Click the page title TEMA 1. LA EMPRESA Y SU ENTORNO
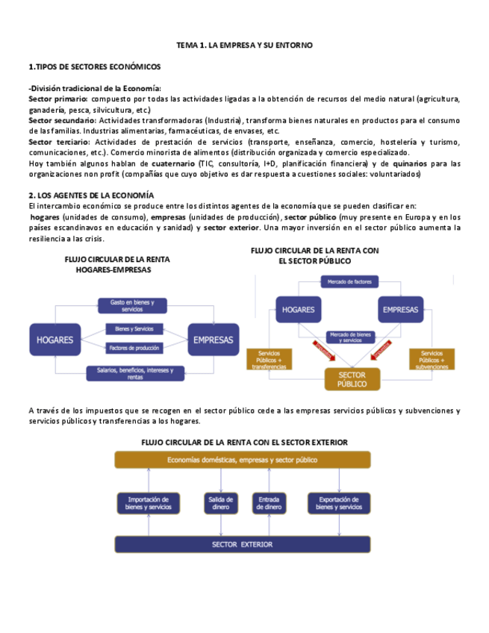click(x=244, y=46)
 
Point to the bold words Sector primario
click(x=57, y=99)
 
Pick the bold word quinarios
click(x=411, y=163)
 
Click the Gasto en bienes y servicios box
click(x=132, y=305)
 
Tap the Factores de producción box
click(x=134, y=349)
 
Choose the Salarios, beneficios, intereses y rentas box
click(x=135, y=373)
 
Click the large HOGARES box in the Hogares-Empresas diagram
click(x=54, y=340)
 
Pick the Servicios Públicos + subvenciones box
click(x=432, y=360)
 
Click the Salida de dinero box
click(x=219, y=502)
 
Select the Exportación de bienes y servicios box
click(x=339, y=502)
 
